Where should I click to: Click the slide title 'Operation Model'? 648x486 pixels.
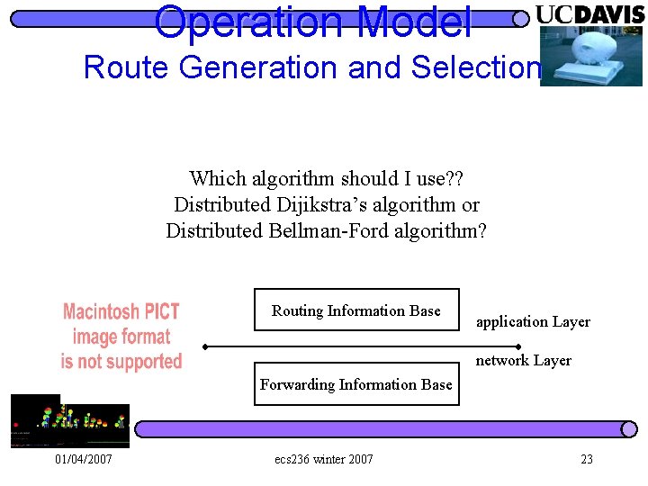(x=312, y=22)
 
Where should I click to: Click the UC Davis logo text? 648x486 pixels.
(x=589, y=14)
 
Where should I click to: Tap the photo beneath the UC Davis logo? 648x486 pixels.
(x=590, y=56)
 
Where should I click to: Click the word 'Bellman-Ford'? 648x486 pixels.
(x=320, y=230)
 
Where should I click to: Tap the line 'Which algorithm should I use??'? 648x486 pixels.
(x=326, y=179)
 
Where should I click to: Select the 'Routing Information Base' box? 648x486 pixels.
(x=356, y=310)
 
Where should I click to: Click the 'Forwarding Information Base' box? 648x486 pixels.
(x=356, y=384)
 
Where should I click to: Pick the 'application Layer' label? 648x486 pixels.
(x=533, y=321)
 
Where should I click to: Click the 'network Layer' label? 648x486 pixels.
(x=523, y=360)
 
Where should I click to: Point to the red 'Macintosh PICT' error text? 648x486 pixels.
(x=121, y=312)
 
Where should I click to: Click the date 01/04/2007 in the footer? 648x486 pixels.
(x=83, y=459)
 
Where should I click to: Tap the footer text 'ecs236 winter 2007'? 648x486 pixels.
(x=323, y=459)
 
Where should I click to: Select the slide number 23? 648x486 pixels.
(x=587, y=459)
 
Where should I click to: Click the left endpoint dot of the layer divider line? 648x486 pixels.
(x=205, y=346)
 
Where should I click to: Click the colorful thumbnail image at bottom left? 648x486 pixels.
(x=69, y=421)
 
